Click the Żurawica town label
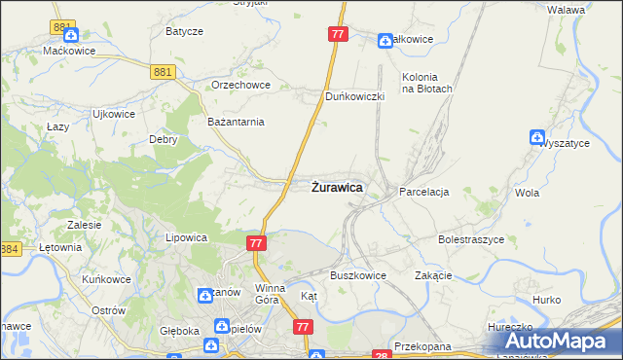[x=337, y=187]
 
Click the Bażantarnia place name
[x=237, y=122]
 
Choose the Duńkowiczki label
[x=355, y=96]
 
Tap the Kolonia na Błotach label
[x=427, y=83]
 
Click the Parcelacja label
[x=423, y=193]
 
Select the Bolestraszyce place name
[x=470, y=238]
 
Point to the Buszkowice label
[x=358, y=275]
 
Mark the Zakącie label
[x=434, y=275]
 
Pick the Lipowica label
[x=187, y=237]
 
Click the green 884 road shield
[x=10, y=250]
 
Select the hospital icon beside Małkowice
[x=385, y=40]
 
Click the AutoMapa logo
[x=560, y=342]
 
